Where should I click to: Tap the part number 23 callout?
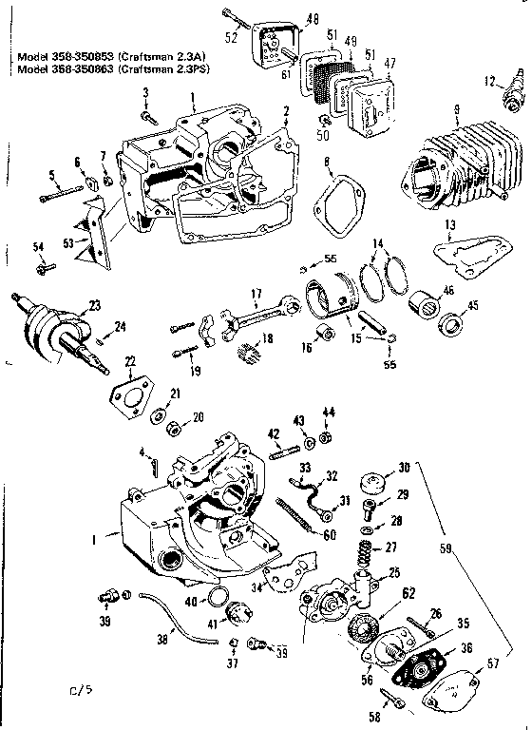[67, 305]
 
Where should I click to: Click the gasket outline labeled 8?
[332, 207]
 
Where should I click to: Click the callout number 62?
[382, 594]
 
